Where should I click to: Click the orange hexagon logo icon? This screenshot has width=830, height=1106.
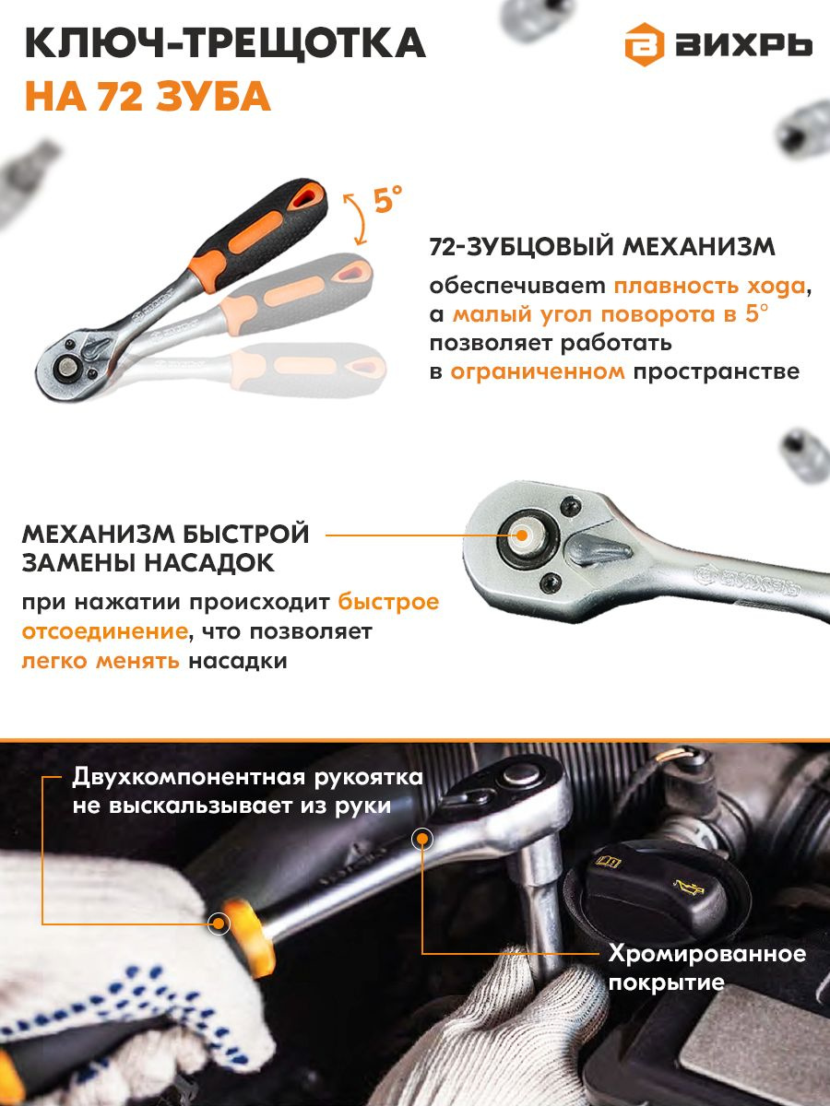point(645,45)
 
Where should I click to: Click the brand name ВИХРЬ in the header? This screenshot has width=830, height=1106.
point(744,45)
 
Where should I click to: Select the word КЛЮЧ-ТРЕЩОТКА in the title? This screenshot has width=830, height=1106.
point(225,43)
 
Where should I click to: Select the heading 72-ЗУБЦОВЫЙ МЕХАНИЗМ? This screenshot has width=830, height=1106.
point(602,248)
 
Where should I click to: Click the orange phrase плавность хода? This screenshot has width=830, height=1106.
point(709,287)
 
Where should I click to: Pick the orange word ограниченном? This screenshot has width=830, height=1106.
point(538,371)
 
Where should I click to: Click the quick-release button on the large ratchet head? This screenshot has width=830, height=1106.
point(522,535)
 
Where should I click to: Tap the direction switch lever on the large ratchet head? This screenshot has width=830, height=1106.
point(599,548)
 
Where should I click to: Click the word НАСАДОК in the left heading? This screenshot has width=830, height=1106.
point(209,563)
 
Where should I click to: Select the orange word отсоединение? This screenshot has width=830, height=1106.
point(105,632)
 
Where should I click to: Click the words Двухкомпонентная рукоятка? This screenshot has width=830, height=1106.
point(247,778)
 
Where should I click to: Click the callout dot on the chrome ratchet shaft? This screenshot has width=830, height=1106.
point(422,839)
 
